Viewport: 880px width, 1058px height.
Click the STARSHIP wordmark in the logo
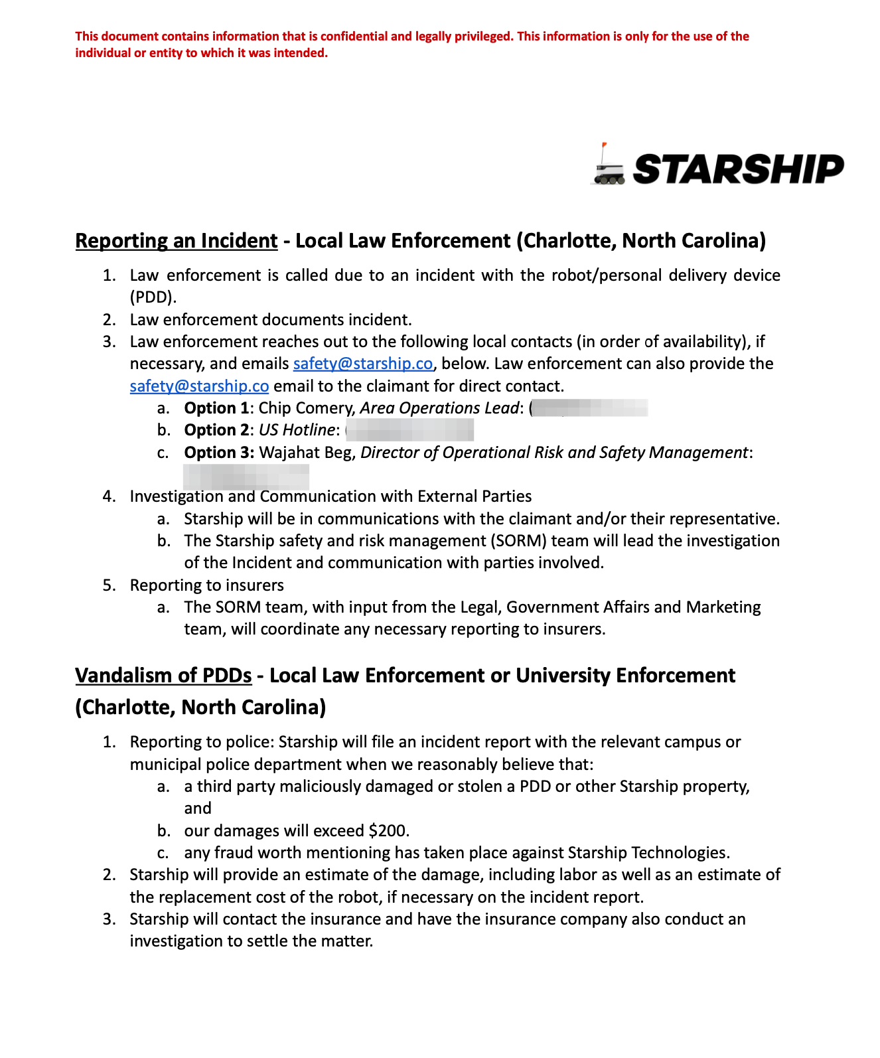tap(738, 169)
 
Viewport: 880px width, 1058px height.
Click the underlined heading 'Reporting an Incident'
tap(177, 240)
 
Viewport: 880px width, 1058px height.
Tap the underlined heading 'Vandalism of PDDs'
tap(163, 675)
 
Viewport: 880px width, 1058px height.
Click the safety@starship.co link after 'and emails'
tap(363, 364)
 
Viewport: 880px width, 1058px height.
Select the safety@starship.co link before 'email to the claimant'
tap(199, 386)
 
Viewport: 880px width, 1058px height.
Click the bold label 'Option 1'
tap(216, 408)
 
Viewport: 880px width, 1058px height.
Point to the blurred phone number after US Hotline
tap(410, 430)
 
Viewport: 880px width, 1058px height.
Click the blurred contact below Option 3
tap(246, 476)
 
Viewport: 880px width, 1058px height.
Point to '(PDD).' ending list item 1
tap(153, 297)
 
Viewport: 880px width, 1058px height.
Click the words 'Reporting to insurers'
tap(206, 585)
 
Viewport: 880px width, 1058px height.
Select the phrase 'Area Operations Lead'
tap(439, 408)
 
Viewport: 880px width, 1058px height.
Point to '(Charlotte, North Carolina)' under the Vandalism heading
tap(200, 707)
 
